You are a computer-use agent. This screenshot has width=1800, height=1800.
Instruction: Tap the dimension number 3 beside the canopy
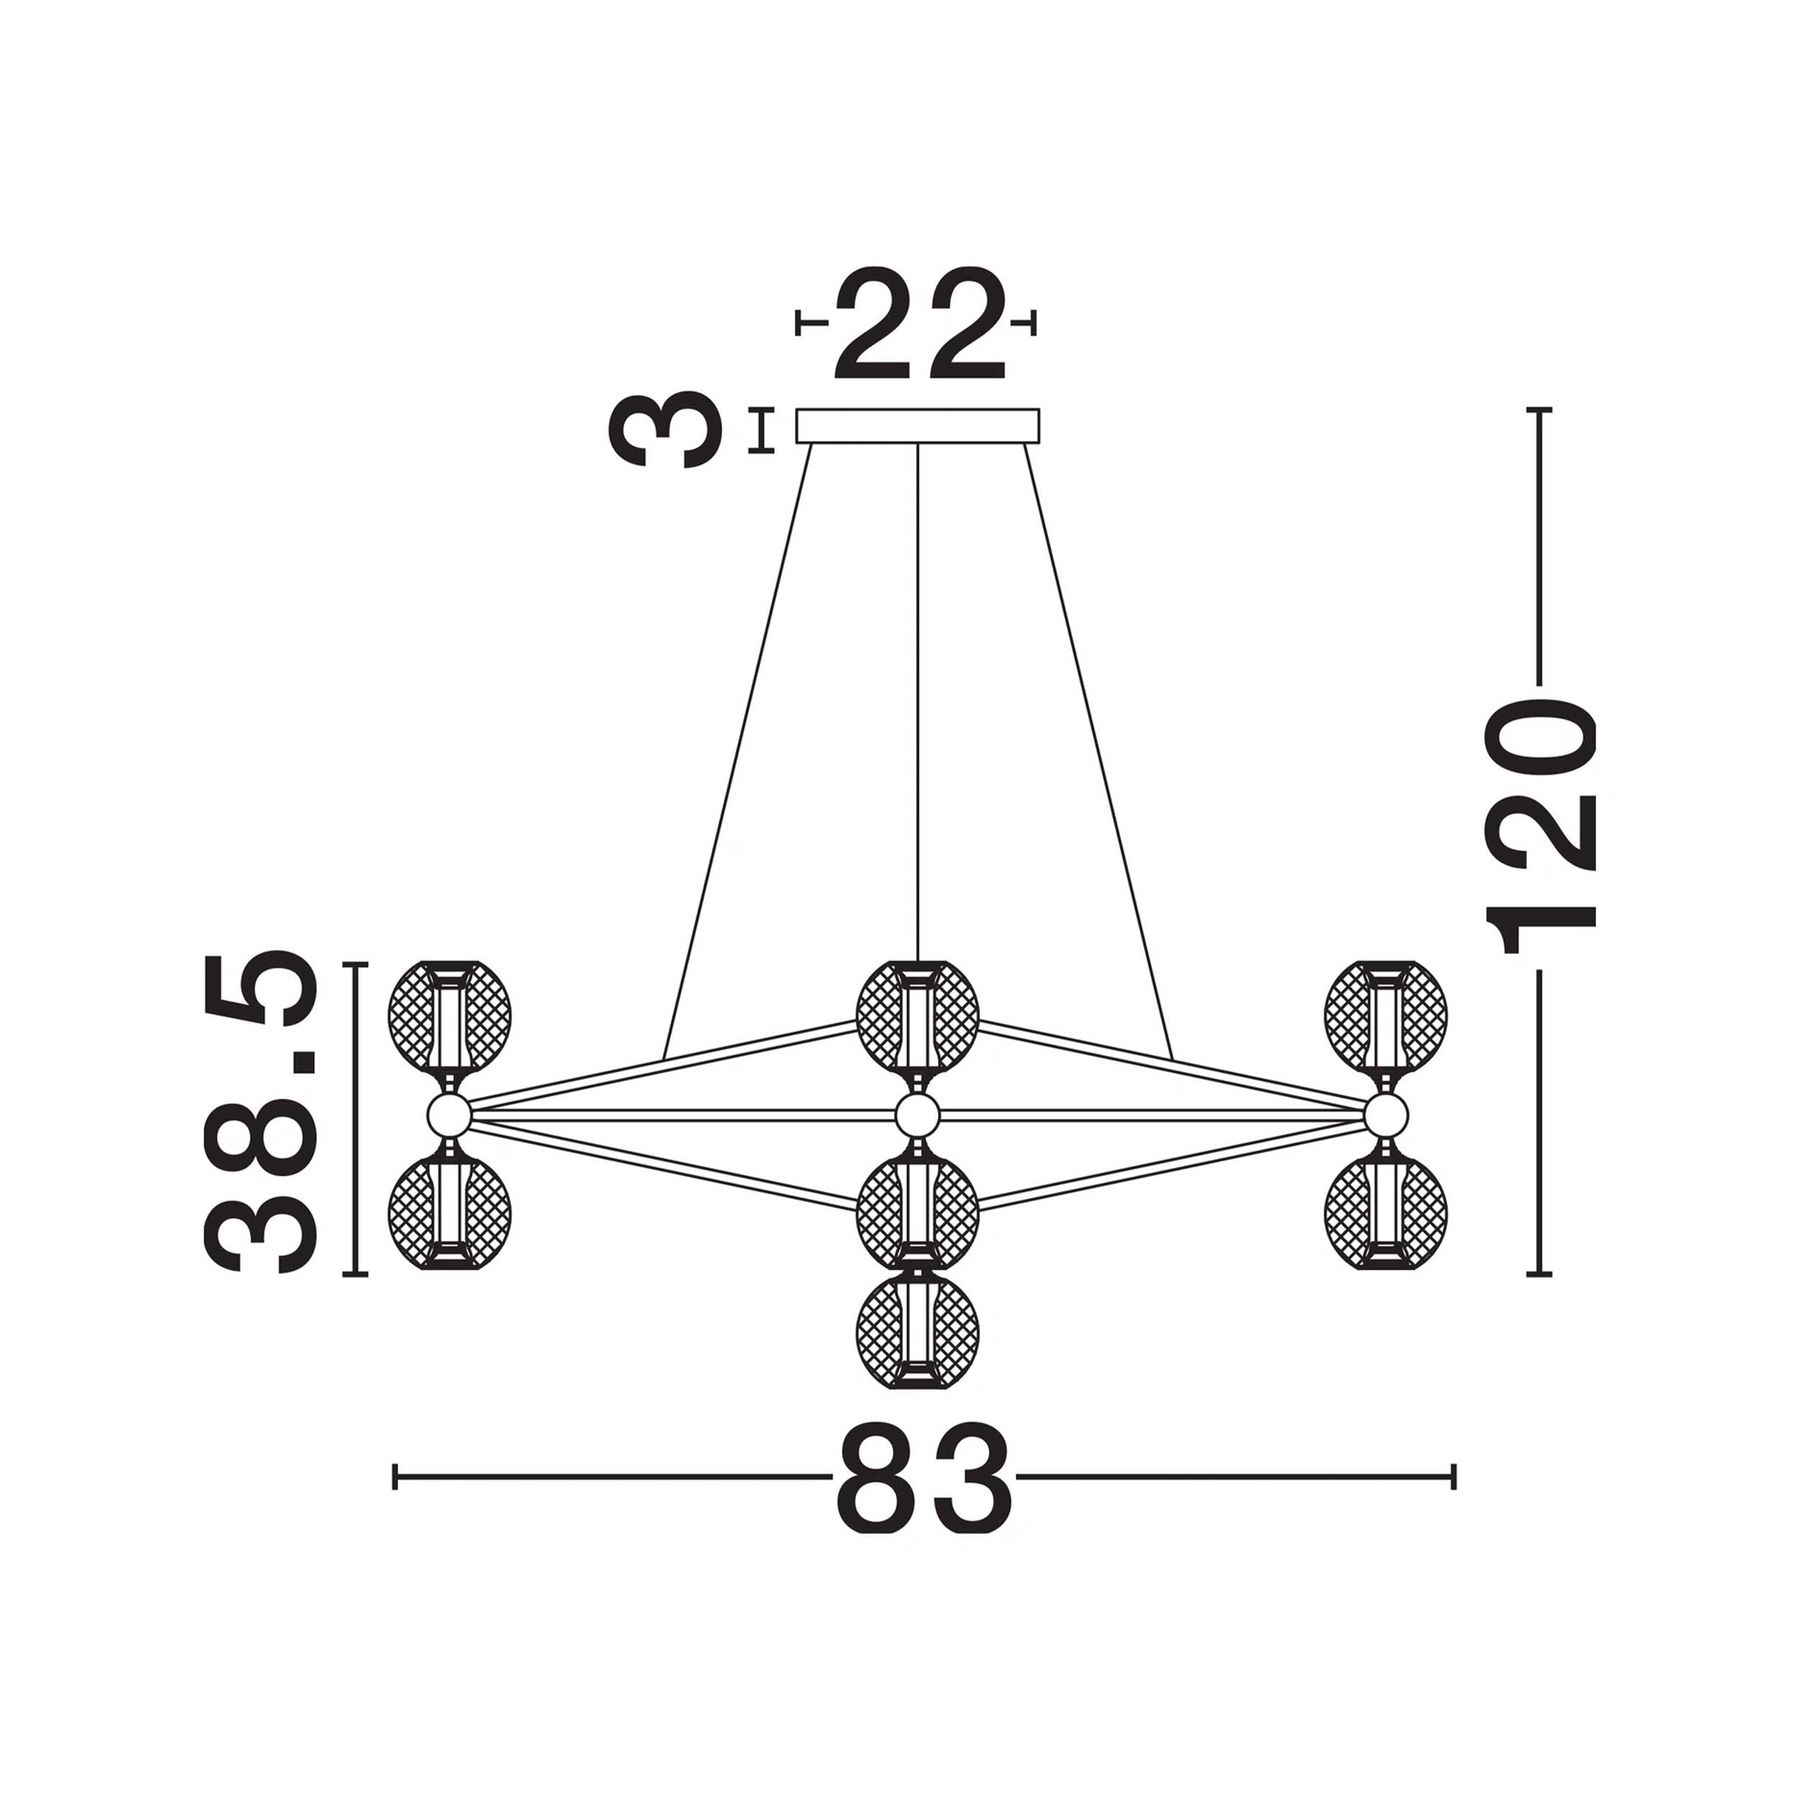(665, 430)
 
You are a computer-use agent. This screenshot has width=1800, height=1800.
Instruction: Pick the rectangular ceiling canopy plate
(918, 426)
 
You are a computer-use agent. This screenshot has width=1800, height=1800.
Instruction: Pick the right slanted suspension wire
(1099, 751)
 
